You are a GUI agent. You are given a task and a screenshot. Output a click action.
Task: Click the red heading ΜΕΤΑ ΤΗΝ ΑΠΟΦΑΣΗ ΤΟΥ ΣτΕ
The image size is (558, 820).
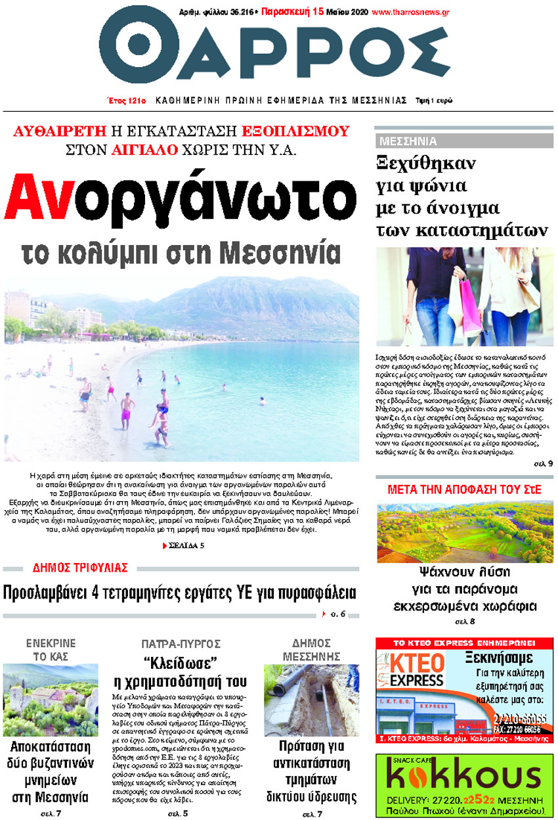(464, 490)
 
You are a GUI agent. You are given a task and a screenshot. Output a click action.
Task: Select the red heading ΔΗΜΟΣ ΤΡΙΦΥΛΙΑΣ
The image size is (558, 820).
(80, 568)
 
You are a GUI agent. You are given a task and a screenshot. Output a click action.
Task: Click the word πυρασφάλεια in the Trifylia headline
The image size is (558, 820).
(309, 593)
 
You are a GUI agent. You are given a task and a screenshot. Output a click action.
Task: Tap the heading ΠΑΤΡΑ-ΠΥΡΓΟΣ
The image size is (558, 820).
(181, 643)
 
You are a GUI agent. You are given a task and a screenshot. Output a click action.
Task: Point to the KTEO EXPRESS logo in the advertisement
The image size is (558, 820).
(412, 670)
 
